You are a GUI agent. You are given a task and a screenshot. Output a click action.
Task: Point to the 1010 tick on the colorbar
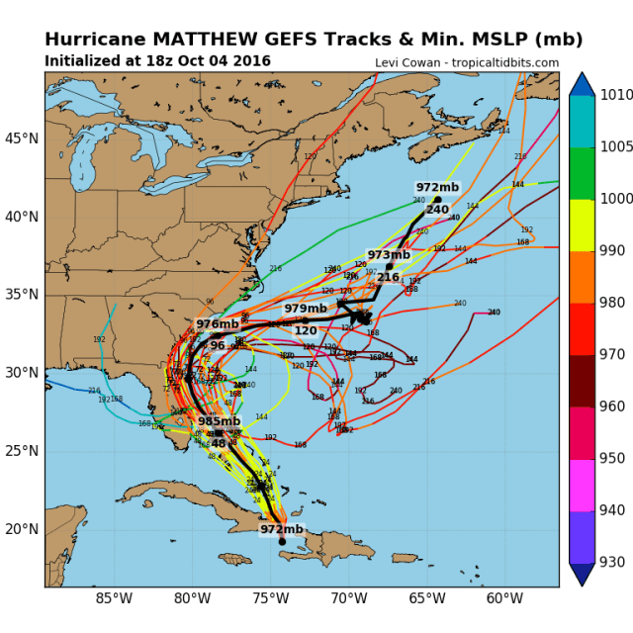(612, 96)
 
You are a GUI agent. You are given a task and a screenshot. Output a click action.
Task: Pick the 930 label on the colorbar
(612, 562)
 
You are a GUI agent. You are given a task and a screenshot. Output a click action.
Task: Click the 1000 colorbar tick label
(612, 199)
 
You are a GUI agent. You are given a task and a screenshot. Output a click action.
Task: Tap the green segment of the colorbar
(582, 173)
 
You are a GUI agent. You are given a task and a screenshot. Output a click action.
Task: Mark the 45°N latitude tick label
(22, 138)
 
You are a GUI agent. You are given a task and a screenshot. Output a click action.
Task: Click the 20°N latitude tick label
(22, 529)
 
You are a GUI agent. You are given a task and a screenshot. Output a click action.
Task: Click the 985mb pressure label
(219, 421)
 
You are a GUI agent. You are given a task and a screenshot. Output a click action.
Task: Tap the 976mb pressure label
(217, 324)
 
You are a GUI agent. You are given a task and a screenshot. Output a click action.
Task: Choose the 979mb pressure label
(306, 310)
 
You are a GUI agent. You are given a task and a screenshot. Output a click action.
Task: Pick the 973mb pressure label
(388, 255)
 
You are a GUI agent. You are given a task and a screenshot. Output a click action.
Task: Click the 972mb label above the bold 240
(436, 188)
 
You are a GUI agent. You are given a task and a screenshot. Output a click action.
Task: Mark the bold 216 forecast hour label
(388, 277)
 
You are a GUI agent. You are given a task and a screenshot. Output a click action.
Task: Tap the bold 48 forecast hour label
(219, 443)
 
